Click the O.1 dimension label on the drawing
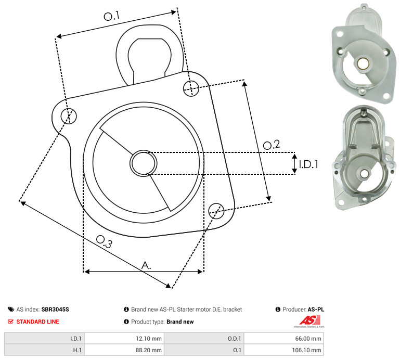point(111,16)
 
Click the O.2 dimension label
point(272,145)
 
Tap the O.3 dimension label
point(104,241)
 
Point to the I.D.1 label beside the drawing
point(308,164)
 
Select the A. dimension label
point(146,265)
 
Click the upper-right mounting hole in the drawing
point(191,88)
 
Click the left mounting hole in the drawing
point(69,116)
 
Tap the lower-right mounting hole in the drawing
point(216,211)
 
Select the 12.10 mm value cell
point(124,339)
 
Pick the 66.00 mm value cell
point(283,339)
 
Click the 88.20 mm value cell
point(124,350)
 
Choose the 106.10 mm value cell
point(283,350)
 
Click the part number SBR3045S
point(55,310)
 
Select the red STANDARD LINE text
point(38,322)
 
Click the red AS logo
point(309,320)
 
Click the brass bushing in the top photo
point(362,63)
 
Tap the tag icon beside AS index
point(11,310)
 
